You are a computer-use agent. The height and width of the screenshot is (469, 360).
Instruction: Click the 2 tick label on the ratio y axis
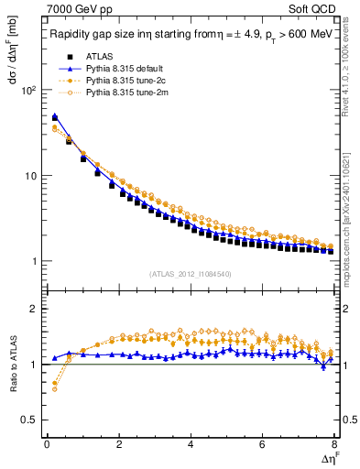[34, 309]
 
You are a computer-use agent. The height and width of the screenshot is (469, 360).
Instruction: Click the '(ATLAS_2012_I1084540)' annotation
[190, 273]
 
